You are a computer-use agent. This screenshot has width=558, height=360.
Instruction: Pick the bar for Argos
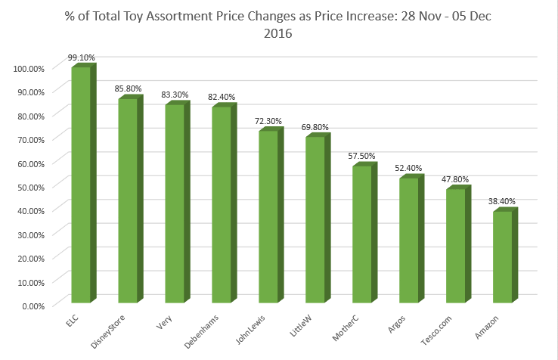[x=409, y=241]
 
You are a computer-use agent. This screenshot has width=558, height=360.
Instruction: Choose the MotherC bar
[x=362, y=235]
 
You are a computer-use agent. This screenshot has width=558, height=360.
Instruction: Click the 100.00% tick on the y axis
[x=29, y=68]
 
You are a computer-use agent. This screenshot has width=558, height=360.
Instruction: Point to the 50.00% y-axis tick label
[x=31, y=186]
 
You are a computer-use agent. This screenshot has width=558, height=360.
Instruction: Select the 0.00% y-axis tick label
[x=33, y=305]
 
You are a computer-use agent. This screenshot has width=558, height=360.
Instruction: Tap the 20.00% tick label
[x=31, y=257]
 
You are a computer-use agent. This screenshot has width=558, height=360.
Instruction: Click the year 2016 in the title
[x=277, y=33]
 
